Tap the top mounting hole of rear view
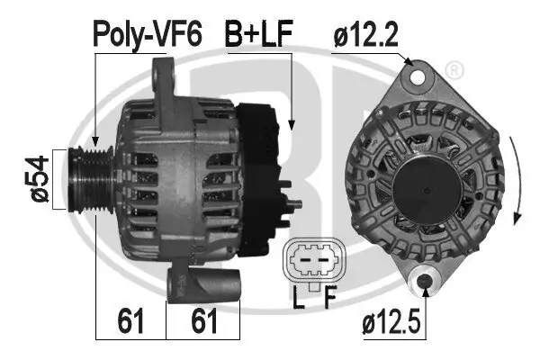417,76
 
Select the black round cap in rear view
428,180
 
